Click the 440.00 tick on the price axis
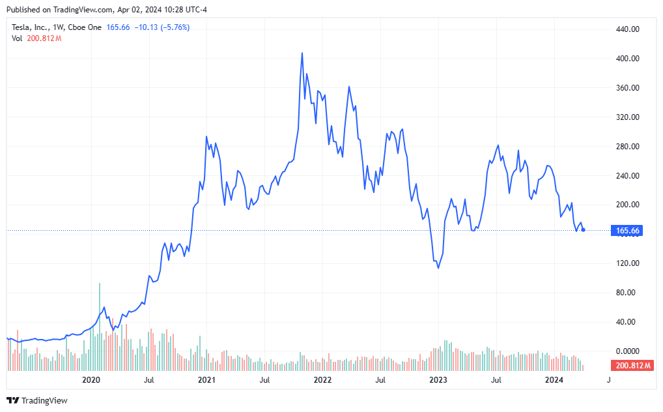[628, 29]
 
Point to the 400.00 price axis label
[628, 59]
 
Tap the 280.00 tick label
[628, 147]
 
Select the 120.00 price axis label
[628, 263]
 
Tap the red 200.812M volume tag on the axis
[631, 365]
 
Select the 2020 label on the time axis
[92, 379]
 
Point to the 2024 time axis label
[554, 379]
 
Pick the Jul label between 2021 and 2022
[264, 379]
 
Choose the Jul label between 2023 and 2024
[496, 379]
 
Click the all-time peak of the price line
[302, 53]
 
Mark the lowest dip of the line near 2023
[438, 268]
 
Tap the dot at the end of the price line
[583, 229]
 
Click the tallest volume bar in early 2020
[100, 284]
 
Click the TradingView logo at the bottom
[37, 400]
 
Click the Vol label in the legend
[17, 38]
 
